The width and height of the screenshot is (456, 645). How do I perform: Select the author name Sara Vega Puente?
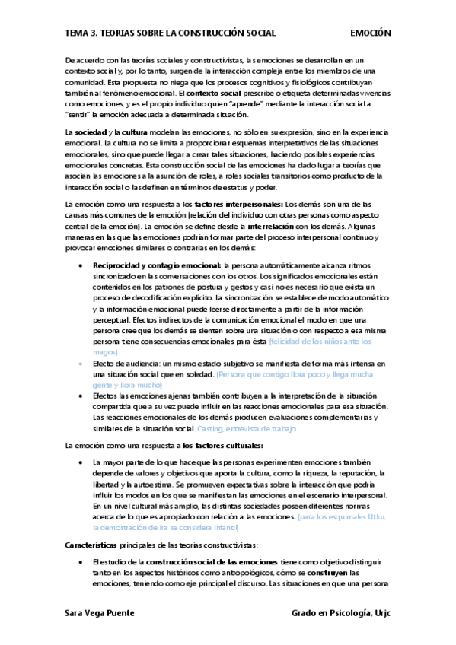[100, 613]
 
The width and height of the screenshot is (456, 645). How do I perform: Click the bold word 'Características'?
[91, 545]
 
